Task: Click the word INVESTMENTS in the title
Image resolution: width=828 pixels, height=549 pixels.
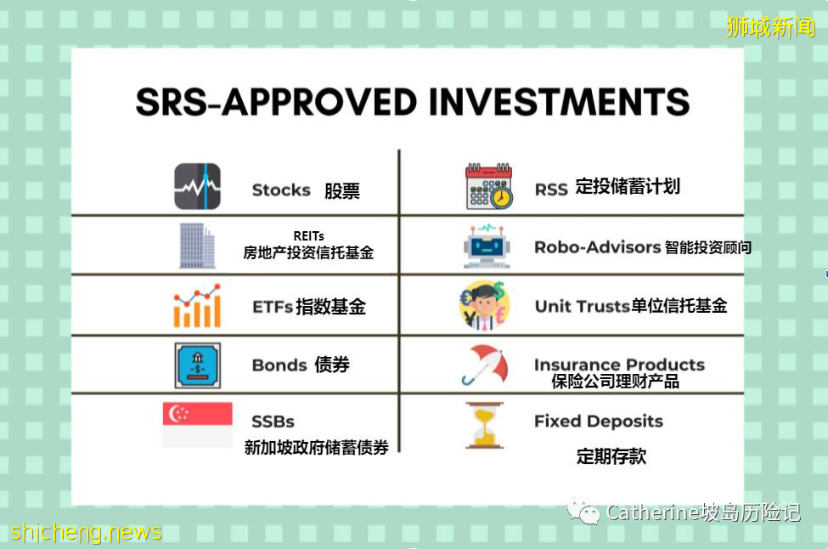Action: point(559,103)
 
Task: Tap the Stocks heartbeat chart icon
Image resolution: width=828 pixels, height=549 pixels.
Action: point(197,186)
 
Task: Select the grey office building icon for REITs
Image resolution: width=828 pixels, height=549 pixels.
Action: point(197,245)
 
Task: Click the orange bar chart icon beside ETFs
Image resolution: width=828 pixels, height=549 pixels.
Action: point(197,305)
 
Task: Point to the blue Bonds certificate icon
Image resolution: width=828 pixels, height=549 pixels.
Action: point(197,365)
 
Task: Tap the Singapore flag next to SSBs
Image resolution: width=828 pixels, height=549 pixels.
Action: point(197,424)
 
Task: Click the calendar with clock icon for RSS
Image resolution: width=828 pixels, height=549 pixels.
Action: point(488,186)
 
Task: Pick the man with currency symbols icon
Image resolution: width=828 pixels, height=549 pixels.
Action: point(484,305)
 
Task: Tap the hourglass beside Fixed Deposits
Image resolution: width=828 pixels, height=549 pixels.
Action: point(484,425)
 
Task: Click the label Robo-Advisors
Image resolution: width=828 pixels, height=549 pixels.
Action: point(597,247)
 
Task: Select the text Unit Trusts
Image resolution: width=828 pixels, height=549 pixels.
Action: point(582,306)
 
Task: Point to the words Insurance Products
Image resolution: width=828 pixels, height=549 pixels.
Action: point(619,365)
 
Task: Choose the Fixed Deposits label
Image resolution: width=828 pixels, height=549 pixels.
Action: point(598,421)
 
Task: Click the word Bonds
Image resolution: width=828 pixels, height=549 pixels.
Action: point(279,365)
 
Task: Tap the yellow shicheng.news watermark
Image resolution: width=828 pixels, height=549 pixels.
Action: point(86,532)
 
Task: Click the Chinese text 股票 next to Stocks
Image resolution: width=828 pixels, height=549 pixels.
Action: point(341,190)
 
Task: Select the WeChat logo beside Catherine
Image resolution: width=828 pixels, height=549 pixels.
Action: point(584,512)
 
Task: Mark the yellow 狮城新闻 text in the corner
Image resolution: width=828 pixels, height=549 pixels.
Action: point(770,27)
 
